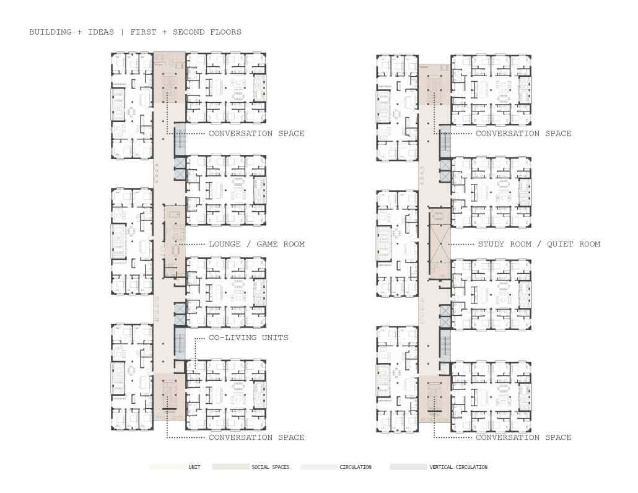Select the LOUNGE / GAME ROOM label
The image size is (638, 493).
coord(256,244)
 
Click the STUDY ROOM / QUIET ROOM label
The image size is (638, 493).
coord(539,244)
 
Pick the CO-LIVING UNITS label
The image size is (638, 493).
coord(248,338)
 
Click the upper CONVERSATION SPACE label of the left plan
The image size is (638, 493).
coord(256,133)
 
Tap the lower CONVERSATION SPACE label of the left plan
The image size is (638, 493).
coord(256,437)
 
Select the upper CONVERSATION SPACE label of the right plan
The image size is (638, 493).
coord(523,133)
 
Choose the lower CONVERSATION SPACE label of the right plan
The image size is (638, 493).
coord(523,437)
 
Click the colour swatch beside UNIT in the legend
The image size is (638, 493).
coord(168,467)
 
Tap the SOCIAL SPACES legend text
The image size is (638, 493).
coord(270,468)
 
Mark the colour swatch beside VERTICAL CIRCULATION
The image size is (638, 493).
coord(409,467)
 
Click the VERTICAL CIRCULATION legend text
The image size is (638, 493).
coord(458,468)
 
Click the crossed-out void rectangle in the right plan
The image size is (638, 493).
coord(440,244)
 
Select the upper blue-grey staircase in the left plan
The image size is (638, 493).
coord(180,140)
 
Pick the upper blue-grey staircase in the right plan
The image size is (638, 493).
coord(445,142)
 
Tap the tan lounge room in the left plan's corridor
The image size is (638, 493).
coord(175,241)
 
